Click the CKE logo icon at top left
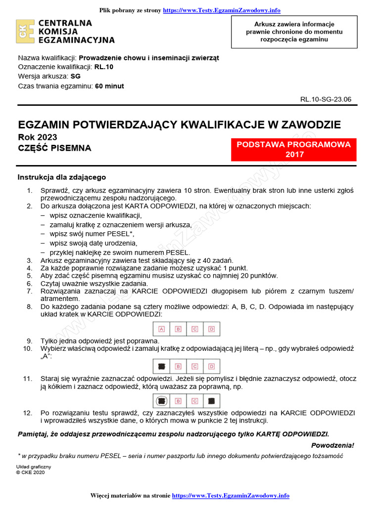tap(25, 32)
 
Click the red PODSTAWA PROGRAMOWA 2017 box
tap(294, 149)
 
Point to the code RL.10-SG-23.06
tap(326, 99)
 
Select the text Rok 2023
tap(37, 137)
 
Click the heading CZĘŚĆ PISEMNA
tap(54, 148)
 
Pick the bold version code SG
tap(75, 76)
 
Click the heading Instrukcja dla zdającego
tap(62, 177)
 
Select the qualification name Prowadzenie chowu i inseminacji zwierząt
tap(149, 57)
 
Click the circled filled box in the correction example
tap(162, 401)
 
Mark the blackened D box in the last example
tap(211, 401)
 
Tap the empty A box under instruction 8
tap(162, 329)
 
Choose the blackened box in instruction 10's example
tap(162, 366)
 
